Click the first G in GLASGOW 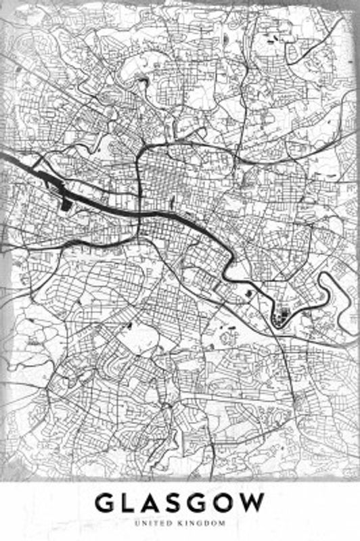pyautogui.click(x=107, y=503)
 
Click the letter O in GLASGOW pyautogui.click(x=230, y=503)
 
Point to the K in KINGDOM pyautogui.click(x=183, y=523)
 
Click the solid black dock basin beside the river pyautogui.click(x=65, y=202)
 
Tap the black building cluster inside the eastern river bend pyautogui.click(x=279, y=315)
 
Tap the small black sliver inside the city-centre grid pyautogui.click(x=172, y=200)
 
